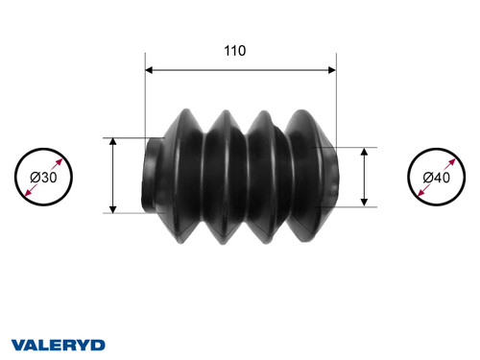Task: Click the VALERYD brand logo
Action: (x=59, y=344)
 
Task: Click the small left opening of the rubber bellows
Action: (x=151, y=176)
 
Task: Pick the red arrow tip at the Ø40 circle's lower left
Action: (x=416, y=199)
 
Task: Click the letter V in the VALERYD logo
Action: (x=17, y=344)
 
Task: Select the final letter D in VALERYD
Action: (x=99, y=344)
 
